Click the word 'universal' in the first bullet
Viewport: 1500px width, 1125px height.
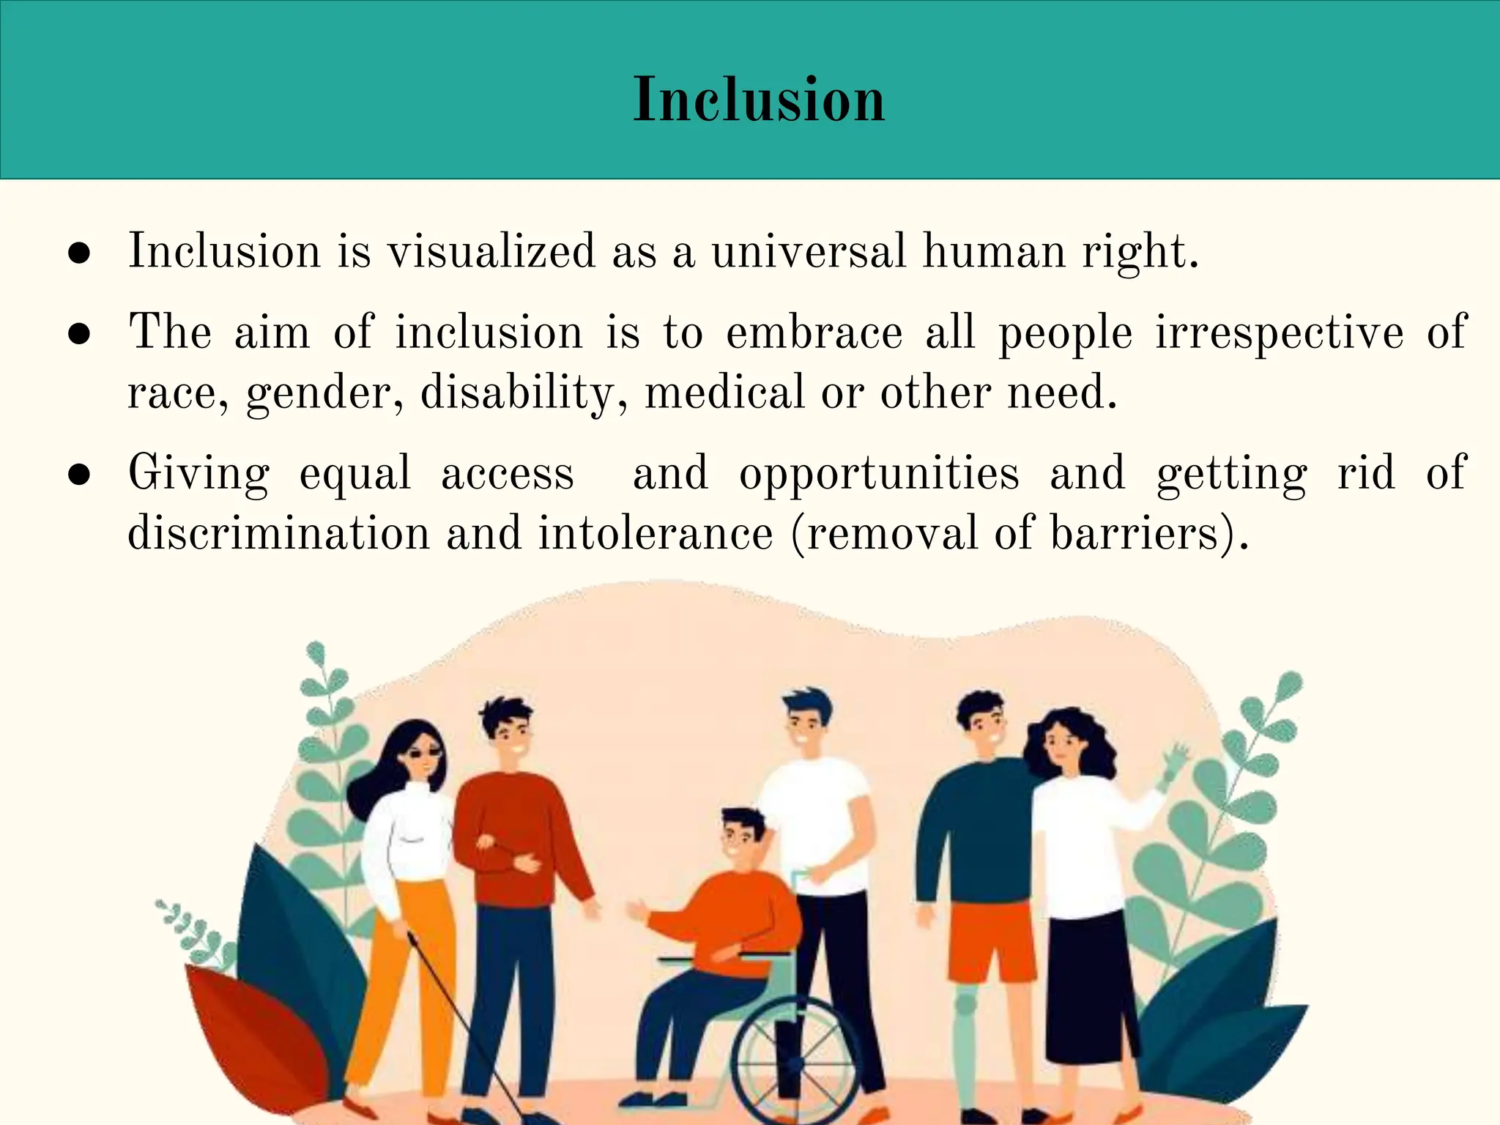[x=809, y=251]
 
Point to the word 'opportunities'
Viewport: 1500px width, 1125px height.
[x=879, y=474]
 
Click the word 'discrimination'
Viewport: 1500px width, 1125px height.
[x=278, y=533]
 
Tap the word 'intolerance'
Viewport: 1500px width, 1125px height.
[x=655, y=533]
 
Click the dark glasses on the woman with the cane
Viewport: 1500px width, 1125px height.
[x=425, y=754]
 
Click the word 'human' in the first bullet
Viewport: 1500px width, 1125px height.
[x=993, y=251]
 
